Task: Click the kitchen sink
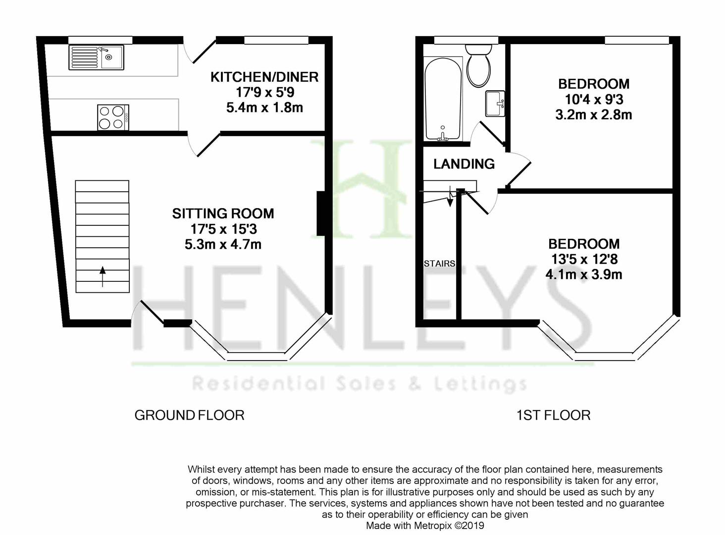97,57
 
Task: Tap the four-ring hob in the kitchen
113,117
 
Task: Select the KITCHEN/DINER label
264,77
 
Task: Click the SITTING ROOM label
223,214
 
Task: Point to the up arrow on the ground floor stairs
103,276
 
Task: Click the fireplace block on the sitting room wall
320,213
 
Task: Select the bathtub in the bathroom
443,99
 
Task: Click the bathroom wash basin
495,104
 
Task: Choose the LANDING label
464,164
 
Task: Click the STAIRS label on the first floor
439,264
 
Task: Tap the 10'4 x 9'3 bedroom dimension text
594,100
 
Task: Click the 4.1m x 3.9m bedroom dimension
584,274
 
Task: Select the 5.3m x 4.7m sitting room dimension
223,244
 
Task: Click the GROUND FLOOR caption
189,415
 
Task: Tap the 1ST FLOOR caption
553,415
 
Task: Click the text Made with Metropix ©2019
425,526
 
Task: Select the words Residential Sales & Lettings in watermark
359,384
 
